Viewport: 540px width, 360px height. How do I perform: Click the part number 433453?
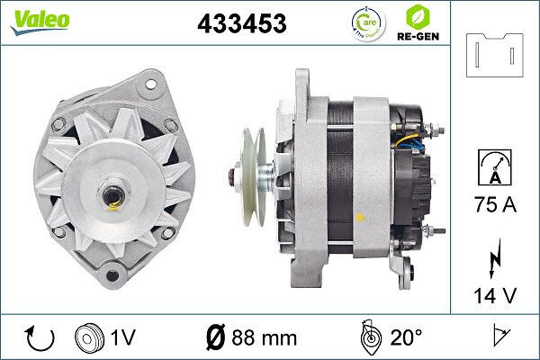coord(241,25)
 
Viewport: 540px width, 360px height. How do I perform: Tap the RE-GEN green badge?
coord(417,23)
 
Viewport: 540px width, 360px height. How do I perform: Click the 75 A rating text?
coord(496,206)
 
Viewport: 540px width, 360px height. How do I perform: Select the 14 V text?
coord(496,293)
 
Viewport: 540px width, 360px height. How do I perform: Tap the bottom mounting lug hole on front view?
coord(111,274)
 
